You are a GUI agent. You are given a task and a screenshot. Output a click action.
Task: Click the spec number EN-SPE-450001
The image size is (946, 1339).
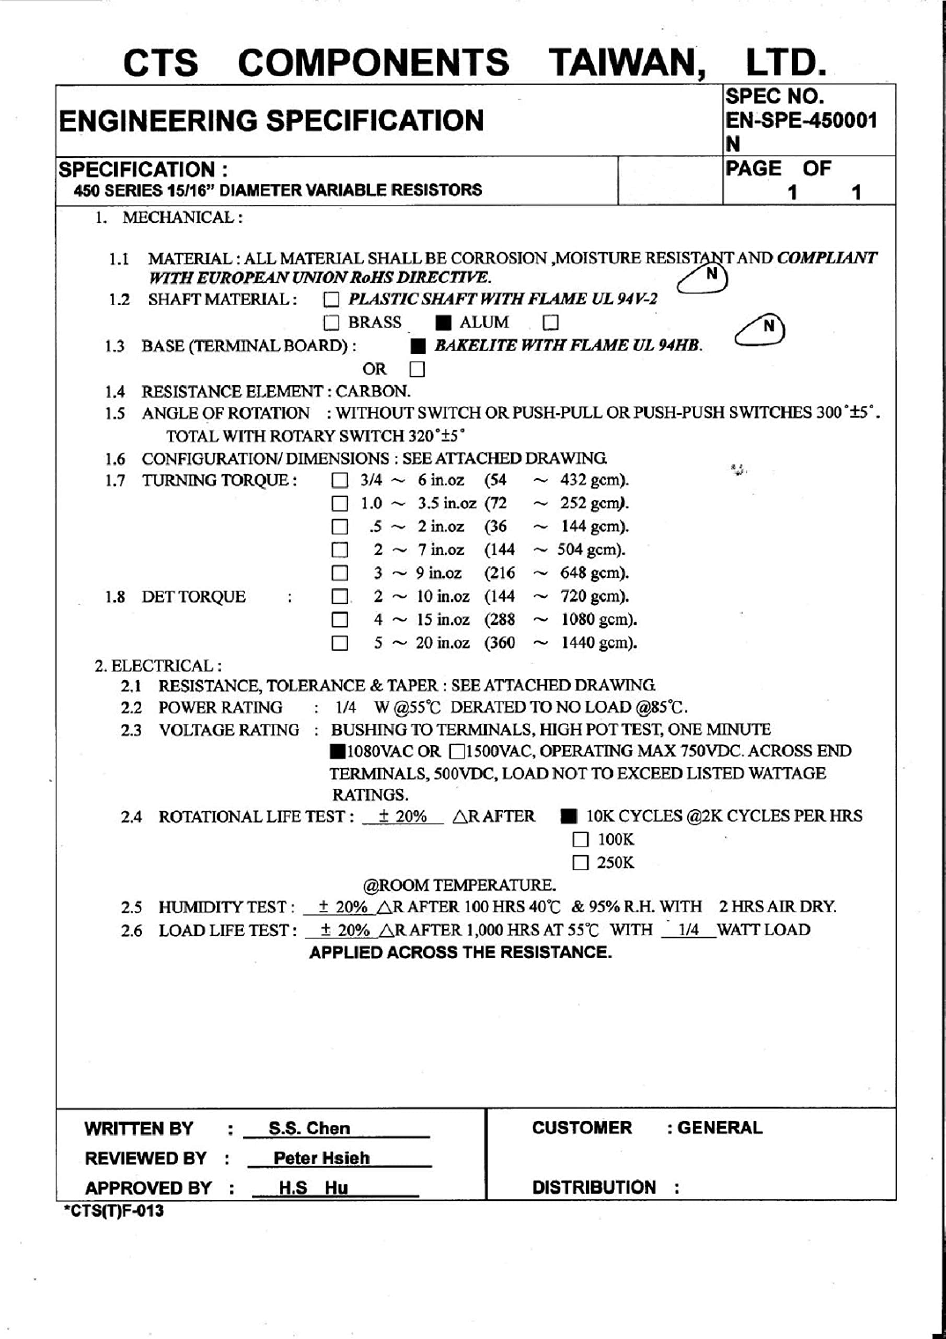pyautogui.click(x=801, y=120)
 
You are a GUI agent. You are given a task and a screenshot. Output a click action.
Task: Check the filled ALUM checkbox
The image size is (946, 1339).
pyautogui.click(x=444, y=323)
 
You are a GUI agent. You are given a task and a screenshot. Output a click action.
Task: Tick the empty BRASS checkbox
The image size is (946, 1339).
pyautogui.click(x=331, y=323)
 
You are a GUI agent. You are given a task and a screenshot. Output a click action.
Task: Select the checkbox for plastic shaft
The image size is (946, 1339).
pyautogui.click(x=331, y=300)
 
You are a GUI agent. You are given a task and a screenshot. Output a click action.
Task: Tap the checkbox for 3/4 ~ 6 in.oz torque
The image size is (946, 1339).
pyautogui.click(x=340, y=481)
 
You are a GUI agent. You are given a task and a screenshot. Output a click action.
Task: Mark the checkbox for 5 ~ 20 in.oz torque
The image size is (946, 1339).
pyautogui.click(x=340, y=643)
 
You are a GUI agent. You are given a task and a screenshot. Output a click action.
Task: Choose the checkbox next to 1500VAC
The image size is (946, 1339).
pyautogui.click(x=457, y=752)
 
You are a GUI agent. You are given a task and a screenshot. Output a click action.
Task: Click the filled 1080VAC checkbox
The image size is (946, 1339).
pyautogui.click(x=338, y=752)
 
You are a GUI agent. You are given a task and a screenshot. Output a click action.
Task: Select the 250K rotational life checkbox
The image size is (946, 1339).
pyautogui.click(x=581, y=863)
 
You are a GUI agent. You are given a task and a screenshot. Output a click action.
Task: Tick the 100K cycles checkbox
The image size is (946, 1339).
pyautogui.click(x=581, y=840)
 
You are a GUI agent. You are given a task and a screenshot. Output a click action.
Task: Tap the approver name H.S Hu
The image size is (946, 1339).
pyautogui.click(x=313, y=1187)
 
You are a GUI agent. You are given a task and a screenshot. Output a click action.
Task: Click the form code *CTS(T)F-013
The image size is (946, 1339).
pyautogui.click(x=113, y=1211)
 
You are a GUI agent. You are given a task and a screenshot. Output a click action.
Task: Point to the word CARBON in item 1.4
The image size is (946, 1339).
pyautogui.click(x=373, y=391)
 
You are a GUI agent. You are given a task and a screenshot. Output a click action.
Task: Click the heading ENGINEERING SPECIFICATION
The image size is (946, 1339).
pyautogui.click(x=272, y=121)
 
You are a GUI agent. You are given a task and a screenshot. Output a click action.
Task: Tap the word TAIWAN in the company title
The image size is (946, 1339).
pyautogui.click(x=627, y=62)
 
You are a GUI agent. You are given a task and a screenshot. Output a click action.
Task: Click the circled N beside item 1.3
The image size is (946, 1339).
pyautogui.click(x=768, y=326)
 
